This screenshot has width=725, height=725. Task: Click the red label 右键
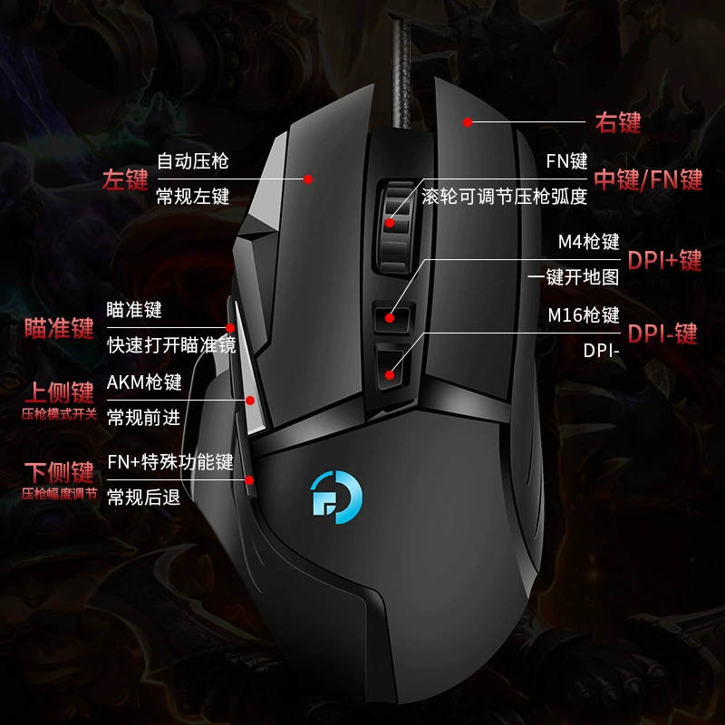click(x=618, y=122)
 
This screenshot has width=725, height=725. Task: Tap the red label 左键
click(x=125, y=179)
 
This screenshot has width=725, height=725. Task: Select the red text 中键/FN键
click(x=648, y=179)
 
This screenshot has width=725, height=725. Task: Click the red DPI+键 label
click(x=664, y=260)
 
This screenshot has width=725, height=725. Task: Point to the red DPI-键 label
click(x=662, y=333)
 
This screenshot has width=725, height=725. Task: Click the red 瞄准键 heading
click(x=59, y=328)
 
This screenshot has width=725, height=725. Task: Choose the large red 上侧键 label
click(x=59, y=392)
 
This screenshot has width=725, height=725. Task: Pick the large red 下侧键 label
click(x=59, y=472)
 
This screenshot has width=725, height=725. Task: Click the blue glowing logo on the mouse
click(x=336, y=497)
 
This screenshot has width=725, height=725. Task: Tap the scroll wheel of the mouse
click(x=395, y=227)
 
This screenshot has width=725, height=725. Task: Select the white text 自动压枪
click(x=193, y=161)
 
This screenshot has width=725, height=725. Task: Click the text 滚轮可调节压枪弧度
click(x=505, y=197)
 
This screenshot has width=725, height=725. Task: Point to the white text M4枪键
click(x=588, y=242)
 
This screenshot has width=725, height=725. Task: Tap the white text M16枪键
click(x=584, y=315)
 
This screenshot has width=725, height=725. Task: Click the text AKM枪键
click(x=144, y=382)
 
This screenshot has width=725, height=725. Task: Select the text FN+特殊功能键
click(x=170, y=462)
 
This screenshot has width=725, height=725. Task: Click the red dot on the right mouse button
click(x=468, y=122)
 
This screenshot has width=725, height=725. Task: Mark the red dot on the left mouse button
click(x=308, y=179)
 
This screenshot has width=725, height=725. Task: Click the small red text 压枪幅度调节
click(x=60, y=494)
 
